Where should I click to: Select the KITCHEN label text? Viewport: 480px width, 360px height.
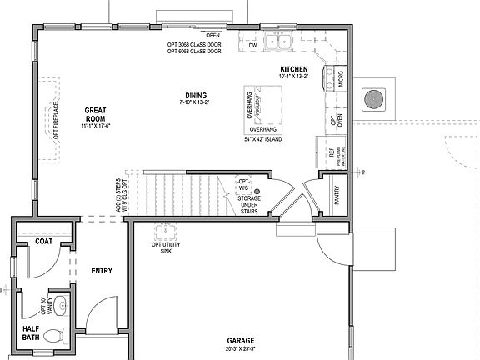[x=293, y=69]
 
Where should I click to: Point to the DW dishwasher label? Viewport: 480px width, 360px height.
[x=252, y=47]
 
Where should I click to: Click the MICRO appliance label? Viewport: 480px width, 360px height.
[x=342, y=80]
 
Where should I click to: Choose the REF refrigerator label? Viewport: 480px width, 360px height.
[x=332, y=153]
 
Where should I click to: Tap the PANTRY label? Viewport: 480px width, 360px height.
[x=337, y=196]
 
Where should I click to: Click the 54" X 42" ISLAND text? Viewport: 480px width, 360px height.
[x=264, y=140]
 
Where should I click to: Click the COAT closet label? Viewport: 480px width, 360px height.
[x=44, y=242]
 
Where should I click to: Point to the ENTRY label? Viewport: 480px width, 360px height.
[x=102, y=271]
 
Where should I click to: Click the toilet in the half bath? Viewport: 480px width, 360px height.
[x=53, y=337]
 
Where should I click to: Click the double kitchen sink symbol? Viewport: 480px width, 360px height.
[x=277, y=42]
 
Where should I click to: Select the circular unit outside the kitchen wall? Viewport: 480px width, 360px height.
[x=372, y=99]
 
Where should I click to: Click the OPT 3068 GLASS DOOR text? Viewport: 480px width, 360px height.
[x=192, y=44]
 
